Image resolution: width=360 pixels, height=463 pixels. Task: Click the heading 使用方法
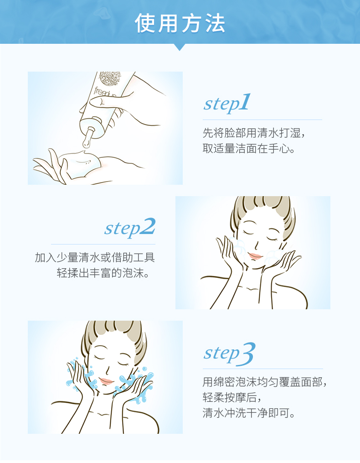(x=180, y=23)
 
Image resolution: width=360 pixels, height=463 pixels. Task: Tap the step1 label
(x=226, y=103)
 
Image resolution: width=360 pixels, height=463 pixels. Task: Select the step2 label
(x=130, y=228)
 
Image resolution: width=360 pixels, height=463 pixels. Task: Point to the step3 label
(x=229, y=353)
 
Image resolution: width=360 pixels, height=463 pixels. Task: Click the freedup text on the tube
(x=105, y=92)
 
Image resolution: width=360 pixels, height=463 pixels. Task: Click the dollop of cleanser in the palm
(x=80, y=163)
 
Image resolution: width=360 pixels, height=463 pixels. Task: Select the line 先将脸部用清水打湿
(x=253, y=133)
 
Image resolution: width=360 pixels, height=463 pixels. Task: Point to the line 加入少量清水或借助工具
(x=95, y=257)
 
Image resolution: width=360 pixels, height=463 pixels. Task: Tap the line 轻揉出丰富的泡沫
(x=103, y=273)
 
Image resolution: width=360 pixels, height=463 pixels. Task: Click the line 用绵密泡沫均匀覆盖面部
(x=264, y=382)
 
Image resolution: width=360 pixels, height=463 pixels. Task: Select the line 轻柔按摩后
(x=231, y=397)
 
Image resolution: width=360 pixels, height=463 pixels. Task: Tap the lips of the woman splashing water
(x=106, y=380)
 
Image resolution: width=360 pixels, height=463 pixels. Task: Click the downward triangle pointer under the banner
(x=180, y=47)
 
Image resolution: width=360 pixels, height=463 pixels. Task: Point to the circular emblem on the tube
(x=110, y=78)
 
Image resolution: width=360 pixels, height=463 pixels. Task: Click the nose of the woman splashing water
(x=108, y=370)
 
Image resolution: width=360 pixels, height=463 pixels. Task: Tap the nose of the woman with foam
(x=257, y=246)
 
